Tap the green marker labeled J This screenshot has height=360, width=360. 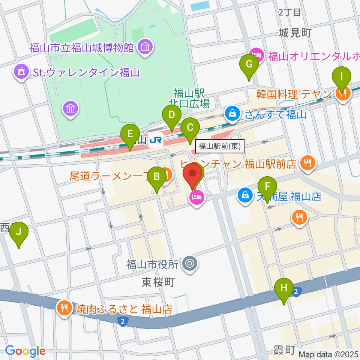(x=19, y=235)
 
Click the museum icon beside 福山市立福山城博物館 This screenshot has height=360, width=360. (x=144, y=47)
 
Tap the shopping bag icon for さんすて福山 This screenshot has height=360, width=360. (x=233, y=113)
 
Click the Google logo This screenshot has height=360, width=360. (x=25, y=351)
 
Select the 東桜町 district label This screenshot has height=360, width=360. (x=159, y=282)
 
